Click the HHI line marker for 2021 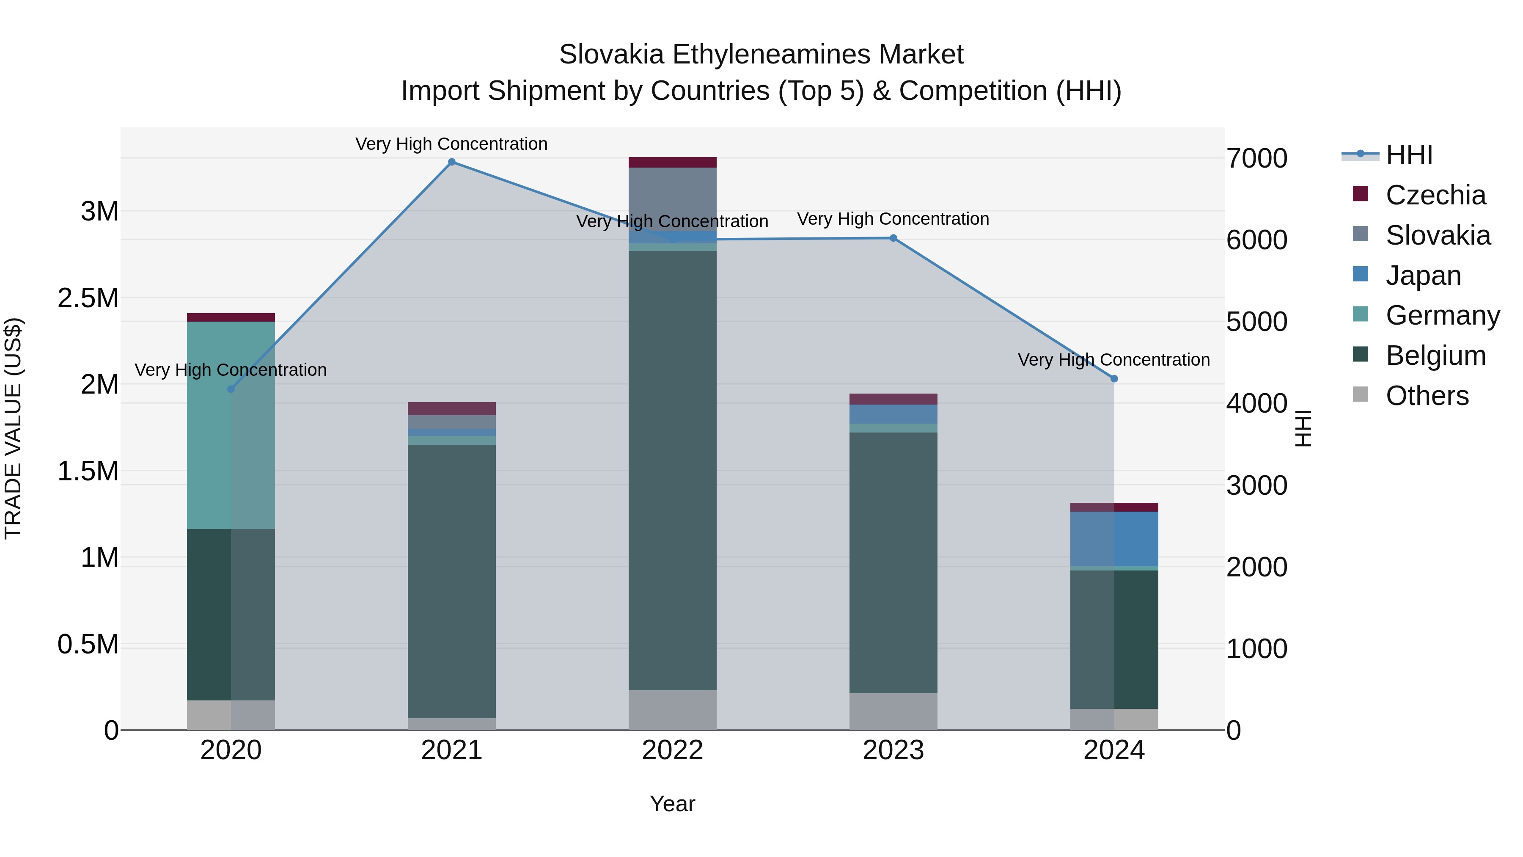point(452,162)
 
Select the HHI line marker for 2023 point(893,238)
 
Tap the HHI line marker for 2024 point(1114,378)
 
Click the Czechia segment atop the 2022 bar point(672,162)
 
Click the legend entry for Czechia point(1435,195)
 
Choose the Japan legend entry point(1423,276)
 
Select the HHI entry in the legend point(1409,155)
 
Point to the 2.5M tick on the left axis point(88,298)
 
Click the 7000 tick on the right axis point(1257,159)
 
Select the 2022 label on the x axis point(672,750)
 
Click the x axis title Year point(672,804)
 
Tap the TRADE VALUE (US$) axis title point(13,428)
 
